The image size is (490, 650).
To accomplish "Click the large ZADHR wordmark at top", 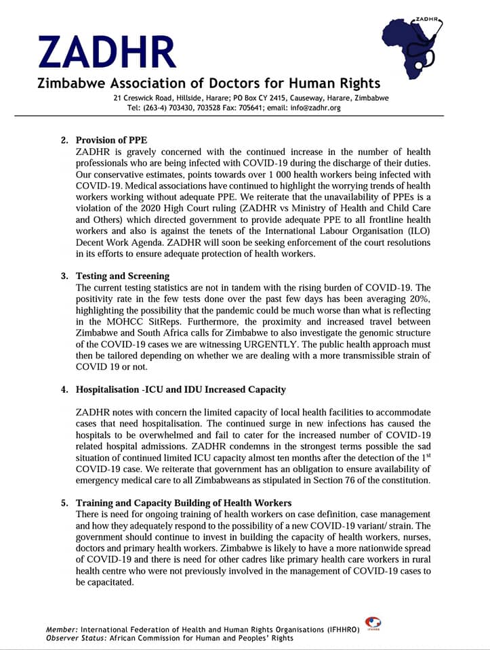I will point(107,53).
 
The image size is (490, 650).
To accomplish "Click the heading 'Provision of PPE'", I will point(111,141).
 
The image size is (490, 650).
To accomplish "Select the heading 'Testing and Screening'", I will point(123,276).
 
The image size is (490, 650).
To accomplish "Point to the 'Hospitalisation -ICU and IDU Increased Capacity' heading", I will point(180,389).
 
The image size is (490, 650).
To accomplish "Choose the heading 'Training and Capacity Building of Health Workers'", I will point(184,503).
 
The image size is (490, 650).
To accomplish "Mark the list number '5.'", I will point(65,503).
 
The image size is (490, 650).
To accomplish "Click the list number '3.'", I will point(65,276).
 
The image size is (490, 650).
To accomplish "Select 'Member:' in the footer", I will point(62,630).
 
